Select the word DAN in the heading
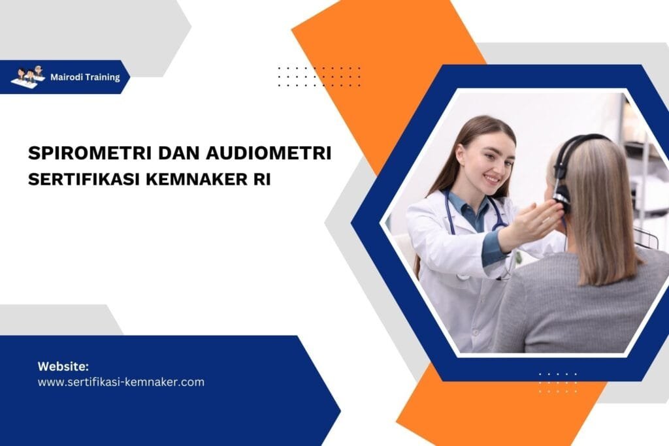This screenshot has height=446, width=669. (176, 153)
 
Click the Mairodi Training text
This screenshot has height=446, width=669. (85, 77)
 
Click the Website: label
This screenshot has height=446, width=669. (63, 366)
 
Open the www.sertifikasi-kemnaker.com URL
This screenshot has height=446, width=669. (121, 382)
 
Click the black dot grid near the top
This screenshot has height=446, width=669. (319, 76)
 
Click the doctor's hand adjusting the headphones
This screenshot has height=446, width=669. (536, 222)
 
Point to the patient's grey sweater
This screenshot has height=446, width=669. (575, 307)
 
